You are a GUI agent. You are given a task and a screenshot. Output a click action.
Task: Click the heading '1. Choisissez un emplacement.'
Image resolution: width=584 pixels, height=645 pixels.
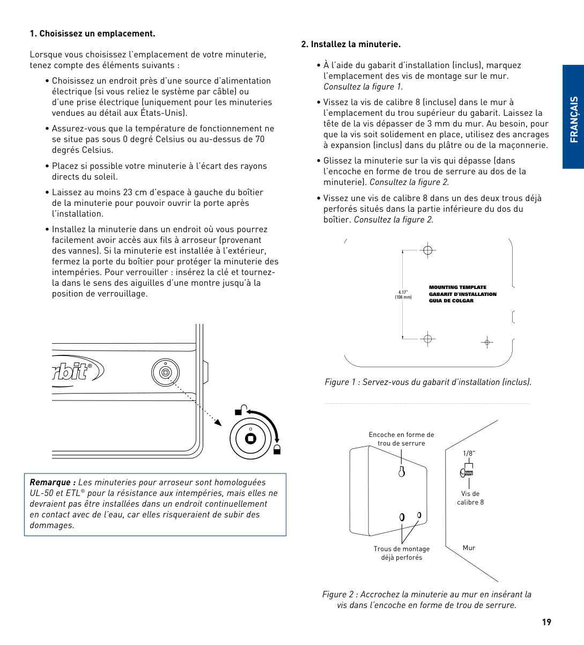click(92, 34)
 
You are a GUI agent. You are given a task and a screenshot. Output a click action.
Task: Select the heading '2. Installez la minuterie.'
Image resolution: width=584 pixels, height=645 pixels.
click(351, 45)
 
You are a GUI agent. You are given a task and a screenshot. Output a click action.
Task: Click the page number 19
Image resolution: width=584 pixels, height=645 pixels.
click(546, 622)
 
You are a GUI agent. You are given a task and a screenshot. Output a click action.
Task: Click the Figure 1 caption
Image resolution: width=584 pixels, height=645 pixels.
click(428, 382)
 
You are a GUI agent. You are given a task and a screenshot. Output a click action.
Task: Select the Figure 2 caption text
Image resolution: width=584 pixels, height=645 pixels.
click(426, 599)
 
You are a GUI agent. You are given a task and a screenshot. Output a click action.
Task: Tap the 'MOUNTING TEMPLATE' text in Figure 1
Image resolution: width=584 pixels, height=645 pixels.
click(457, 287)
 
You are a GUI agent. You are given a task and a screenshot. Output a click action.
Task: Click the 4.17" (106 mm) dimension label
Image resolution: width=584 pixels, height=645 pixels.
click(403, 294)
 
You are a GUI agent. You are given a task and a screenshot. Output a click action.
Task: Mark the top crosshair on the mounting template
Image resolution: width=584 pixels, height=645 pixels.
click(427, 250)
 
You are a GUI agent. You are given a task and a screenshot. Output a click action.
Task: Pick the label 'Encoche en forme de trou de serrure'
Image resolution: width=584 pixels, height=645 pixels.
click(401, 439)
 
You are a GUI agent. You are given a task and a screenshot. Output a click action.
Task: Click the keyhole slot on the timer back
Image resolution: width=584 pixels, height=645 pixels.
click(401, 472)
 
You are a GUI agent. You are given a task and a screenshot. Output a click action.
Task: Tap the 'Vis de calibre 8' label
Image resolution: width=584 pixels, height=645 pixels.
click(470, 498)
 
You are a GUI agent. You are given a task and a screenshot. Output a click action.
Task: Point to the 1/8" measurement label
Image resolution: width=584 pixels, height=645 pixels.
click(469, 453)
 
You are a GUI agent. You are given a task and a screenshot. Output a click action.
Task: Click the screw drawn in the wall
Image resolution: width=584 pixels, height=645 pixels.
click(467, 473)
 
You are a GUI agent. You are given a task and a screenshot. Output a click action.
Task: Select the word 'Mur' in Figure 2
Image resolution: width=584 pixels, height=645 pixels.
click(469, 548)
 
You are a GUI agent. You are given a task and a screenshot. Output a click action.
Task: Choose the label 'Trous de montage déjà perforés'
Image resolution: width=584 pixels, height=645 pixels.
click(401, 553)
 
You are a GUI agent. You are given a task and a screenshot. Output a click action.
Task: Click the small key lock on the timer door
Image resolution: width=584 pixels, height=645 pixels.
click(165, 373)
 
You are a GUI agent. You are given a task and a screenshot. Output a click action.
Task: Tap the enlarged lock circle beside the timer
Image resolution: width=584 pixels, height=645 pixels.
click(250, 438)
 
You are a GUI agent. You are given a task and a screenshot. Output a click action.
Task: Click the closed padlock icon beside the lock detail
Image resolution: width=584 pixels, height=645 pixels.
click(277, 449)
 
